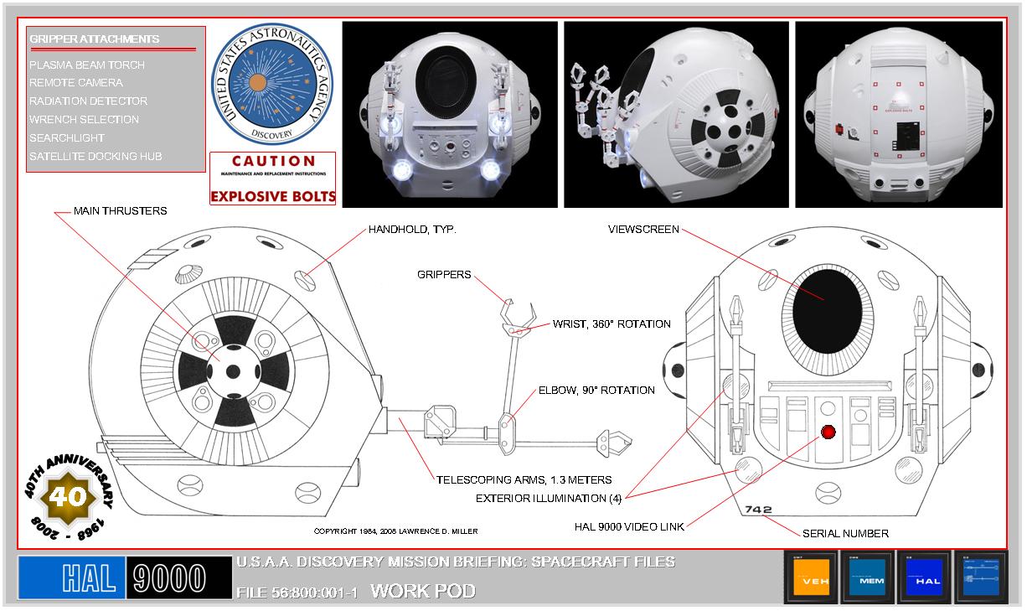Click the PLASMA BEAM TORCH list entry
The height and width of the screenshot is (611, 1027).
coord(86,65)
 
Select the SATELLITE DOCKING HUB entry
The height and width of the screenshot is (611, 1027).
coord(95,157)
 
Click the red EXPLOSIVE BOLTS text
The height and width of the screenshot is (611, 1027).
coord(272,197)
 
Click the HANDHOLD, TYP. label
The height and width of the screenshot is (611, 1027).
coord(412,230)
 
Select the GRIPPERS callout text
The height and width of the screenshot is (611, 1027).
coord(443,275)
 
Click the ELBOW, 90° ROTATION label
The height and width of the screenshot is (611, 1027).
coord(596,391)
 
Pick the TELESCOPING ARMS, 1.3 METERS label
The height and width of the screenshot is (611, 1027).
coord(524,480)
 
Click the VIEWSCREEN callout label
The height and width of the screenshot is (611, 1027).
coord(643,229)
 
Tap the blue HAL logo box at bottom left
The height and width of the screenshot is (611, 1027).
coord(73,578)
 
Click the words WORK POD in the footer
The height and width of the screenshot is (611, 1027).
coord(423,591)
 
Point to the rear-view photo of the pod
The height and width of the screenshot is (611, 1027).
coord(898,114)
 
